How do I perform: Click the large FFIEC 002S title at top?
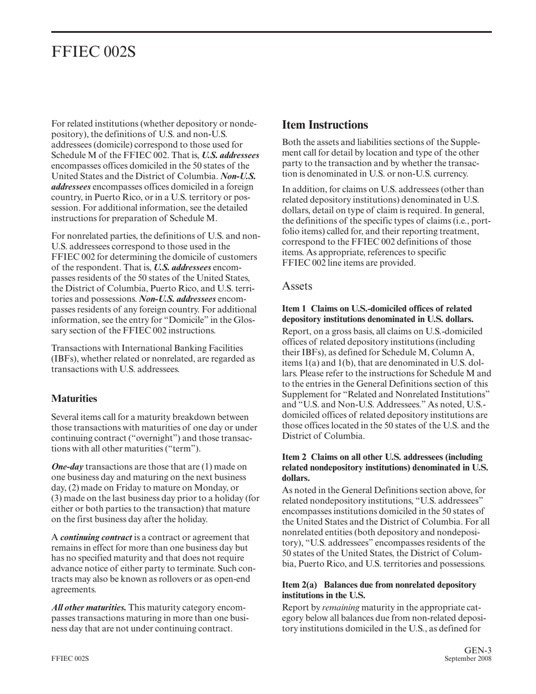pyautogui.click(x=94, y=52)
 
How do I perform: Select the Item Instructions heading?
pyautogui.click(x=325, y=125)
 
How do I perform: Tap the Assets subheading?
pyautogui.click(x=297, y=286)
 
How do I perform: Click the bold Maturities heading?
pyautogui.click(x=74, y=398)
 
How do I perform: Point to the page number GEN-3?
pyautogui.click(x=478, y=650)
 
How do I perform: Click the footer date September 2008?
pyautogui.click(x=468, y=658)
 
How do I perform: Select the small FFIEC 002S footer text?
pyautogui.click(x=70, y=658)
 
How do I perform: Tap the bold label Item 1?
pyautogui.click(x=293, y=309)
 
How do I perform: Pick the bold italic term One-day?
pyautogui.click(x=67, y=467)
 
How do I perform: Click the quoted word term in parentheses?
pyautogui.click(x=186, y=449)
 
